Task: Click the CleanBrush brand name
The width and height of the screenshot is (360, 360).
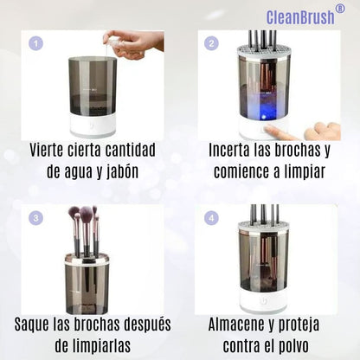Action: coord(300,17)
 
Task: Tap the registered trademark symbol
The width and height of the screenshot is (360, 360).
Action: coord(340,9)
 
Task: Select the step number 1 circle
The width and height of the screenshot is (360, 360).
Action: coord(36,43)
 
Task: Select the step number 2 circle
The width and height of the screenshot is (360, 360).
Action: coord(211,43)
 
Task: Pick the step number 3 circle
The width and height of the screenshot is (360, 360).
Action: coord(36,218)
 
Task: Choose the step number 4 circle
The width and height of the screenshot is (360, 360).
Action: coord(211,218)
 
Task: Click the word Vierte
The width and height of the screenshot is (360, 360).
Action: coord(46,150)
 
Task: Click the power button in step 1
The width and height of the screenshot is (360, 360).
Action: coord(93,126)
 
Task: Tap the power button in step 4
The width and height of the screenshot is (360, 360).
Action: coord(262,301)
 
